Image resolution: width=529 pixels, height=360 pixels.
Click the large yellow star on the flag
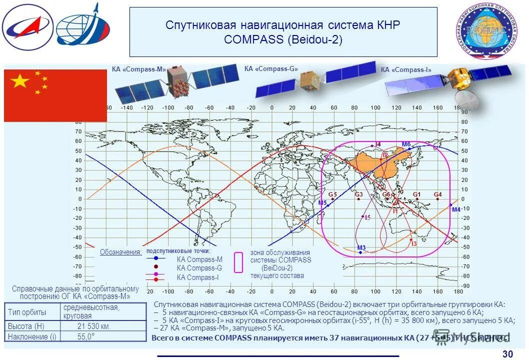(20, 81)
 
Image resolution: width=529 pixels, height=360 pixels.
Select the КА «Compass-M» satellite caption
(139, 70)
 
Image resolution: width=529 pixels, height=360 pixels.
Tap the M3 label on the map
(361, 247)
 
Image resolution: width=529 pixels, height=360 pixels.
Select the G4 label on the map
(437, 194)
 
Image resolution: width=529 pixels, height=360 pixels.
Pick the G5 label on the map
(332, 194)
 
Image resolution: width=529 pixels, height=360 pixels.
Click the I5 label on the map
(367, 217)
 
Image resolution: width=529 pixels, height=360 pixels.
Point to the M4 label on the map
(455, 209)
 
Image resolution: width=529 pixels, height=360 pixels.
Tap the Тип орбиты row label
(27, 312)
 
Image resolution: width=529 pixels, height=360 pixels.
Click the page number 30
(507, 354)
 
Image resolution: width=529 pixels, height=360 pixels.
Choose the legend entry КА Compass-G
(199, 268)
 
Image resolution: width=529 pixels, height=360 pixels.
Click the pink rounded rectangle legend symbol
(238, 262)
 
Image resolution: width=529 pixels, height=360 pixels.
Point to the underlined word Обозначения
(120, 252)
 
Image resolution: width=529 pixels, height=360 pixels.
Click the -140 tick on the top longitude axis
(126, 107)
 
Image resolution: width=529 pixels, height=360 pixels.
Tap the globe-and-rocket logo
(82, 25)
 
